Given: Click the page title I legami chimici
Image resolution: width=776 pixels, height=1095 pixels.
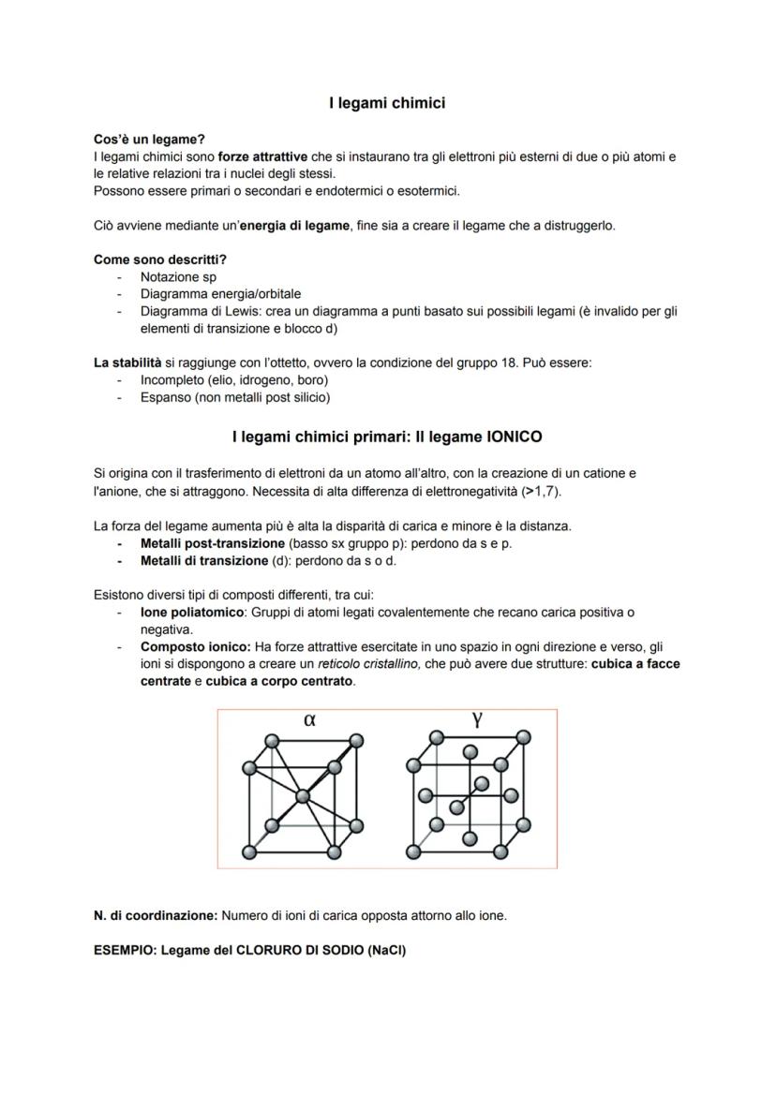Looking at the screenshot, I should click(x=387, y=103).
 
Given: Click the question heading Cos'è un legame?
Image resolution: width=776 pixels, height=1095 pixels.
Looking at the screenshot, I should click(x=149, y=140).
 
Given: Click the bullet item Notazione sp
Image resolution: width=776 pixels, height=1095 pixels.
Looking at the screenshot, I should click(x=178, y=277).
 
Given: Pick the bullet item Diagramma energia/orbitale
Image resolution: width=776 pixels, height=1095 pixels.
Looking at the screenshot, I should click(x=220, y=294).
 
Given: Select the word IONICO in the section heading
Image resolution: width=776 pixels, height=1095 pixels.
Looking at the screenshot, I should click(x=514, y=437).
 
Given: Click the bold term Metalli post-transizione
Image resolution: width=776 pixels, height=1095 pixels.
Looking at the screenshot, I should click(x=213, y=543).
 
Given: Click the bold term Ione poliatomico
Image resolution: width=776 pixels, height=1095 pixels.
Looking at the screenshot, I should click(x=192, y=612).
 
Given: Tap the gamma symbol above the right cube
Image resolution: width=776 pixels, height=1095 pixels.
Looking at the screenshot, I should click(x=477, y=719).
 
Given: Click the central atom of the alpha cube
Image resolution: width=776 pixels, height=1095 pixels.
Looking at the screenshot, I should click(x=302, y=796).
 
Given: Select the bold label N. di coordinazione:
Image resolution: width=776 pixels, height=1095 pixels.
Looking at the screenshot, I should click(x=156, y=915).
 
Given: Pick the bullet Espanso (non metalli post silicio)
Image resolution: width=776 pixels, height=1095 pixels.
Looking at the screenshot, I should click(x=234, y=397).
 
